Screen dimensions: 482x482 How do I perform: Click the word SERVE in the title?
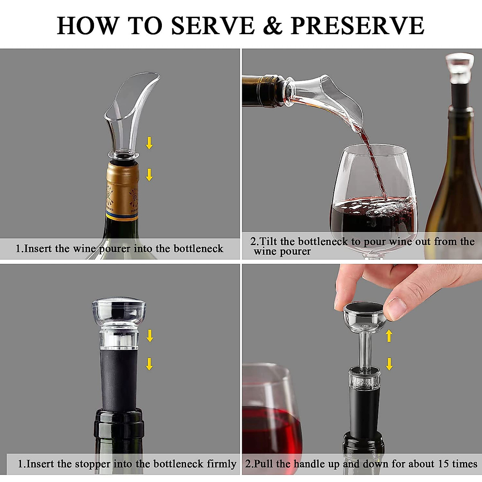click(213, 26)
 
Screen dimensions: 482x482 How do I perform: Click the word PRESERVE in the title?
click(357, 26)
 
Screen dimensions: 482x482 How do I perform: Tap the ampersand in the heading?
click(273, 26)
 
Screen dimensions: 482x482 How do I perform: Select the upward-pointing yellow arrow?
click(389, 336)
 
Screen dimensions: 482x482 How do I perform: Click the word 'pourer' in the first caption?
click(115, 249)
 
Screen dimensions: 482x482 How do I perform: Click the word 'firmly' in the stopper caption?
click(221, 464)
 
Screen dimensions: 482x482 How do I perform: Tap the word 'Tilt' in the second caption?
click(269, 241)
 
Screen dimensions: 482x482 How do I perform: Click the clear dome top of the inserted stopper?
click(119, 309)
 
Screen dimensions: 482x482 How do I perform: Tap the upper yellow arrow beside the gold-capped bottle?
click(149, 143)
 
